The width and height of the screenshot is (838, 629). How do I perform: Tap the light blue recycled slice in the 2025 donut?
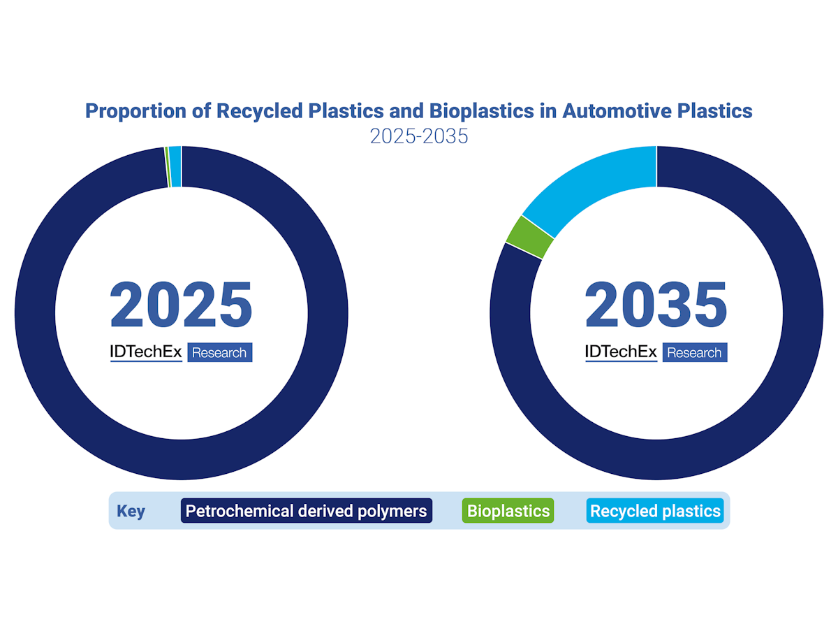175,167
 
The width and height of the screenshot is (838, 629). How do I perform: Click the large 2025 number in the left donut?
181,305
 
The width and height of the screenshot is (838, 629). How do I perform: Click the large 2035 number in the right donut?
656,305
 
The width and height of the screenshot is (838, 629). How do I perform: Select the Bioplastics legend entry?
508,511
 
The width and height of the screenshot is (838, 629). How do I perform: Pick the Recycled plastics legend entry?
654,511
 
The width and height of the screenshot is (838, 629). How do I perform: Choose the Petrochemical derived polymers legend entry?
306,511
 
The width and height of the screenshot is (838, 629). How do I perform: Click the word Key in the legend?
131,511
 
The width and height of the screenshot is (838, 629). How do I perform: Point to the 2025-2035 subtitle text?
419,136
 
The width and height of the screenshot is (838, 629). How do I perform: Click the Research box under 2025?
219,353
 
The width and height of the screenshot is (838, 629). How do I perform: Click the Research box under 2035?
694,353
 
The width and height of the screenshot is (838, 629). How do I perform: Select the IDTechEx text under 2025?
146,352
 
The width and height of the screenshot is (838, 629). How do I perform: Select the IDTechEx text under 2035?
621,352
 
